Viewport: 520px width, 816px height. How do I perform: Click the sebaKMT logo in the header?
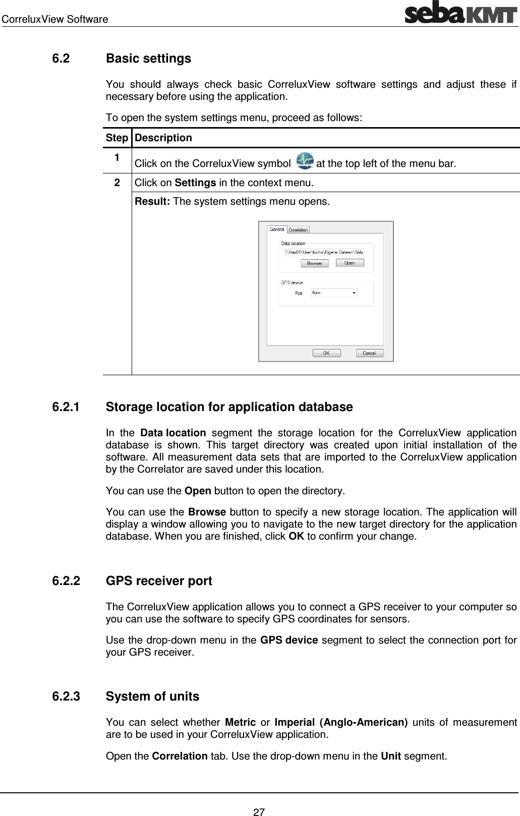tap(460, 13)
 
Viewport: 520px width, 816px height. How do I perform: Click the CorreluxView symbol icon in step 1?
tap(305, 161)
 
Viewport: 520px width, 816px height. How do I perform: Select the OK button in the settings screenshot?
tap(326, 353)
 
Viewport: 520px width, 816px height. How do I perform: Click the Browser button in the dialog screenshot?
tap(314, 263)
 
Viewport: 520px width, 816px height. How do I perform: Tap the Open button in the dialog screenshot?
tap(350, 263)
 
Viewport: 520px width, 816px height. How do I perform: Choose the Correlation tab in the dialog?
tap(298, 230)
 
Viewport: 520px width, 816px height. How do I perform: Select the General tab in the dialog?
tap(277, 229)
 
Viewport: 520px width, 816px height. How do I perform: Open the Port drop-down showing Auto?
tap(334, 293)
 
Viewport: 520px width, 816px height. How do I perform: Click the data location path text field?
tap(323, 252)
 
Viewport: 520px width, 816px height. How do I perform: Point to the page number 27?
tap(259, 812)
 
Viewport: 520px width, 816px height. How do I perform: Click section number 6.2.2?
tap(66, 581)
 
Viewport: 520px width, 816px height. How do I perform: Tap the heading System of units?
tap(152, 696)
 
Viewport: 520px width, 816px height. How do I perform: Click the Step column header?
tap(117, 138)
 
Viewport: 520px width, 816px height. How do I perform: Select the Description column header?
tap(163, 138)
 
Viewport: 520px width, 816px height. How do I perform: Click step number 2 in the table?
tap(117, 183)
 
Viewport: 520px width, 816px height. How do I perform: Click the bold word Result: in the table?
tap(152, 202)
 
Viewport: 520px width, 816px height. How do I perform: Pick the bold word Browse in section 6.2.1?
tap(207, 512)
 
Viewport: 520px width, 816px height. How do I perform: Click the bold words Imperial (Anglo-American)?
tap(341, 722)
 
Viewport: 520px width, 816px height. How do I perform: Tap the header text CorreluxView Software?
tap(55, 19)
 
